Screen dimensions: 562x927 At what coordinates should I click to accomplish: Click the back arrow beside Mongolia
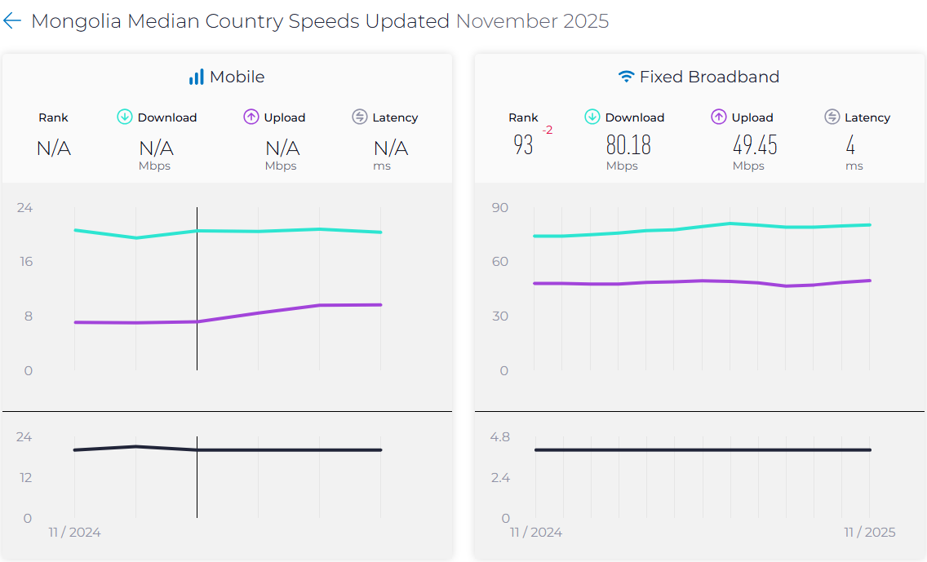coord(12,21)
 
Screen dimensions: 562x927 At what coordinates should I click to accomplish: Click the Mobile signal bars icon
coord(196,77)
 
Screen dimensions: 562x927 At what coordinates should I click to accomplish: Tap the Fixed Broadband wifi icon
coord(626,77)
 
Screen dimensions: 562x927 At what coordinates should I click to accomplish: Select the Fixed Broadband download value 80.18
coord(628,146)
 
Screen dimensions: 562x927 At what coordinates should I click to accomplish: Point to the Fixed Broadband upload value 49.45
coord(755,146)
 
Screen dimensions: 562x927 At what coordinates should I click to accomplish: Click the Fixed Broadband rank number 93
coord(523,146)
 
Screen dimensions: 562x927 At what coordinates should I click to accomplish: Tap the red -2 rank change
coord(547,131)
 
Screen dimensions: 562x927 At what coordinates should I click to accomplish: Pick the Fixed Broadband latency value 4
coord(850,146)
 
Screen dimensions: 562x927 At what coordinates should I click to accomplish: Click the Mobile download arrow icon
coord(125,117)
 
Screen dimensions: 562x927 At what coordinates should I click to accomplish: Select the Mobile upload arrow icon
coord(251,117)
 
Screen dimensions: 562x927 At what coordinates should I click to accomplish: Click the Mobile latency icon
coord(360,117)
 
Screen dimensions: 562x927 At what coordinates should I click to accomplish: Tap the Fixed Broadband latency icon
coord(832,117)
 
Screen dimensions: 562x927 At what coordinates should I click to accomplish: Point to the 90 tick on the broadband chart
coord(499,208)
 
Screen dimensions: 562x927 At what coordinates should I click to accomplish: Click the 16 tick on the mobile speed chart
coord(26,262)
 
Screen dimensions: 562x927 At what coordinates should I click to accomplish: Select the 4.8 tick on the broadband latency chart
coord(499,437)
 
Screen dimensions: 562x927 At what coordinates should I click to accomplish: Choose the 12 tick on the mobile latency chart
coord(25,477)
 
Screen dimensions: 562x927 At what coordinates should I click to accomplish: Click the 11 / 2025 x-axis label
coord(869,533)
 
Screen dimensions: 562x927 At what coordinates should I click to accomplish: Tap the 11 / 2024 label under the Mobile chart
coord(74,533)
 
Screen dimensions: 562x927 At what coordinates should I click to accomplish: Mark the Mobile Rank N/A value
coord(54,148)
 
